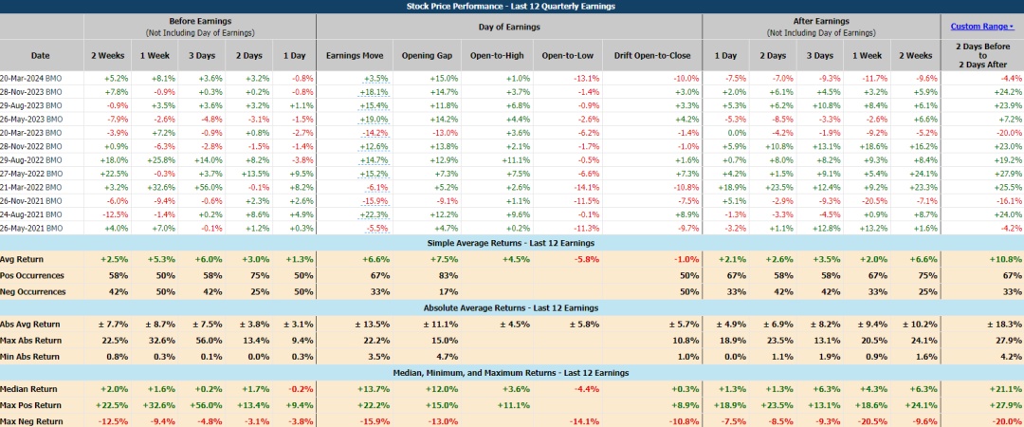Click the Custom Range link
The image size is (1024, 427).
pos(979,27)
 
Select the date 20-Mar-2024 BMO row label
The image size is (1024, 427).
pos(33,78)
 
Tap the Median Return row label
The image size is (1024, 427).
pos(30,389)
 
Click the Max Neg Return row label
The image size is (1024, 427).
pos(32,420)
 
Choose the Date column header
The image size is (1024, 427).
pos(40,55)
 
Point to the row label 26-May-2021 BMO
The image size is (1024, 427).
pos(33,229)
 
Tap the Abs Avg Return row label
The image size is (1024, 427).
pos(31,325)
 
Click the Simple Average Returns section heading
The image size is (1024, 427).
pos(512,243)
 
